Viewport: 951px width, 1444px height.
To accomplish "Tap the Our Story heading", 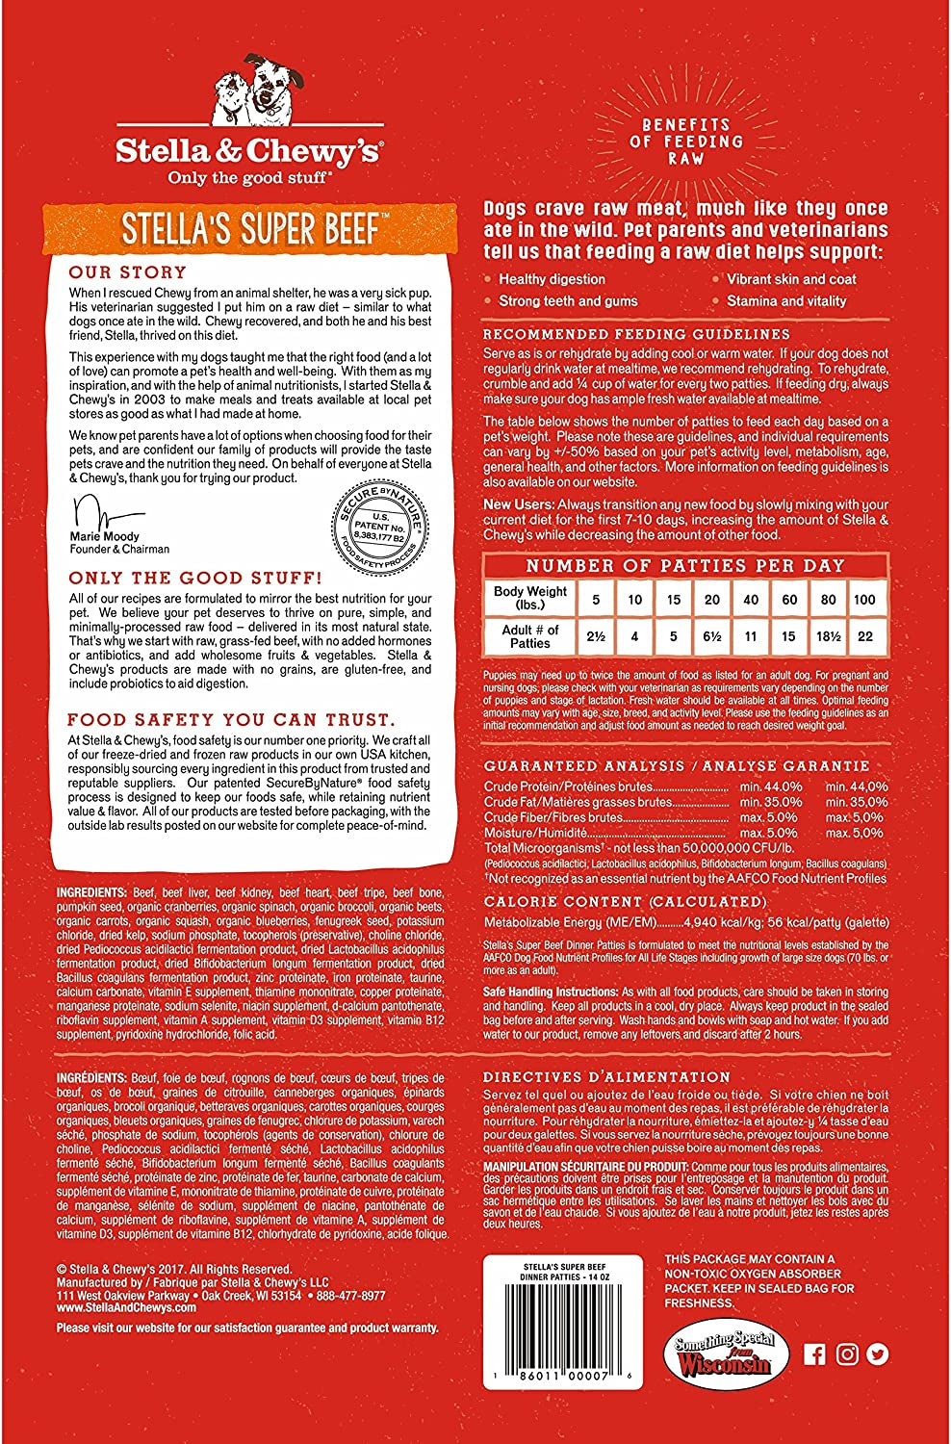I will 128,272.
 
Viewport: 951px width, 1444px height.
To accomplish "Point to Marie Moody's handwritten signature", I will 106,510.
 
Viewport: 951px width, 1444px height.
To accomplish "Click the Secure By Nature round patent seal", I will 379,528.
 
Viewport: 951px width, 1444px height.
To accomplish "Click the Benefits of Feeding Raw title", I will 686,142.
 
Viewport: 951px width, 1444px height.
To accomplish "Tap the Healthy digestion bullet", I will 552,279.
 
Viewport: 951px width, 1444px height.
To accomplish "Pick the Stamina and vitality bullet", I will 786,301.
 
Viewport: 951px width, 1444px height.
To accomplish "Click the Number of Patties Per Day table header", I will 684,566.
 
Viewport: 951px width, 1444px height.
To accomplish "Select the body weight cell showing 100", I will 864,599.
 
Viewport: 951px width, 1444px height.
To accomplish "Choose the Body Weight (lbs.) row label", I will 529,599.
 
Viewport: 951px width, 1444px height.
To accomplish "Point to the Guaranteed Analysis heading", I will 677,766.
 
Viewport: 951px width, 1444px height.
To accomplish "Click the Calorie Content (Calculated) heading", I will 625,902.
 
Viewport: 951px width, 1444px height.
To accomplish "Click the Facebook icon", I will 814,1354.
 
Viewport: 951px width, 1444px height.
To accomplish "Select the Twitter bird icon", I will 877,1354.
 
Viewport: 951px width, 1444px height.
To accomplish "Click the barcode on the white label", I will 562,1338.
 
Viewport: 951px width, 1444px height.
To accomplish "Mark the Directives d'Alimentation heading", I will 606,1077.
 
